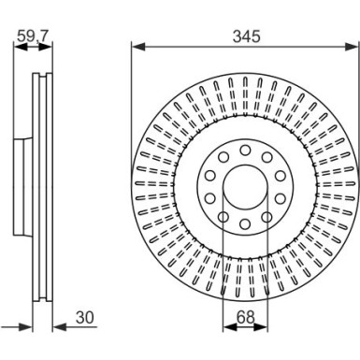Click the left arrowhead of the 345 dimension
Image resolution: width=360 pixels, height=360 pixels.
[x=136, y=47]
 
